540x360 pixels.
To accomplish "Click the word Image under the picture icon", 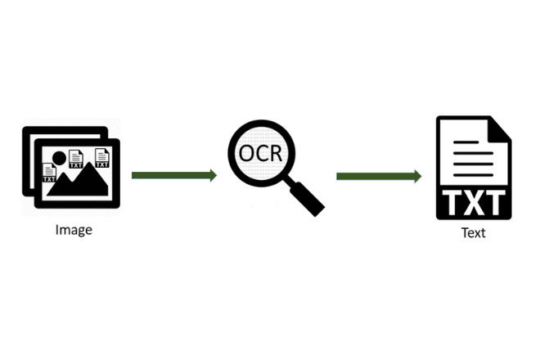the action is coord(74,230).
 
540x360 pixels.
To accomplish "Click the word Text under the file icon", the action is coord(474,233).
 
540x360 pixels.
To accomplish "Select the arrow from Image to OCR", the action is coord(174,175).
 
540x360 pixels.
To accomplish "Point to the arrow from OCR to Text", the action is coord(379,177).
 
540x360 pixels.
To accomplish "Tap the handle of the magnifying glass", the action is coord(307,199).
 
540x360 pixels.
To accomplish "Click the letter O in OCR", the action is coord(246,153).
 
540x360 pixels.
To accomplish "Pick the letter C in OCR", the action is coord(261,153).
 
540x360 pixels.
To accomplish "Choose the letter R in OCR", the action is coord(277,153).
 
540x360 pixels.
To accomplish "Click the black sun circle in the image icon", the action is coord(59,158).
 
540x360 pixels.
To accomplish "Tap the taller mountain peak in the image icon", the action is coord(90,164).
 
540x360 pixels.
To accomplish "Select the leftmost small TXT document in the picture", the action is coord(49,173).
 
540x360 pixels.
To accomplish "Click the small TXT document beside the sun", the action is coord(76,159).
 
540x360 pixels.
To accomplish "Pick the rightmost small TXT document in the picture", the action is coord(102,158).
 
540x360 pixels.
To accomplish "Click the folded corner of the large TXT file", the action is coord(499,129).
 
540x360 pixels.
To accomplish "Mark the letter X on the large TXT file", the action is coord(474,203).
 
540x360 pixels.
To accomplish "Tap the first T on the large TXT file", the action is coord(452,203).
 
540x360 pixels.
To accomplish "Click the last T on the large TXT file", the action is coord(496,203).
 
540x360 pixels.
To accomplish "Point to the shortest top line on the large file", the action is coord(466,142).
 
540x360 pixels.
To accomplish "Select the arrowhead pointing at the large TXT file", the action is coord(417,177).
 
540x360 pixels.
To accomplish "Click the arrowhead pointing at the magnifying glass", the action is coord(214,175).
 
